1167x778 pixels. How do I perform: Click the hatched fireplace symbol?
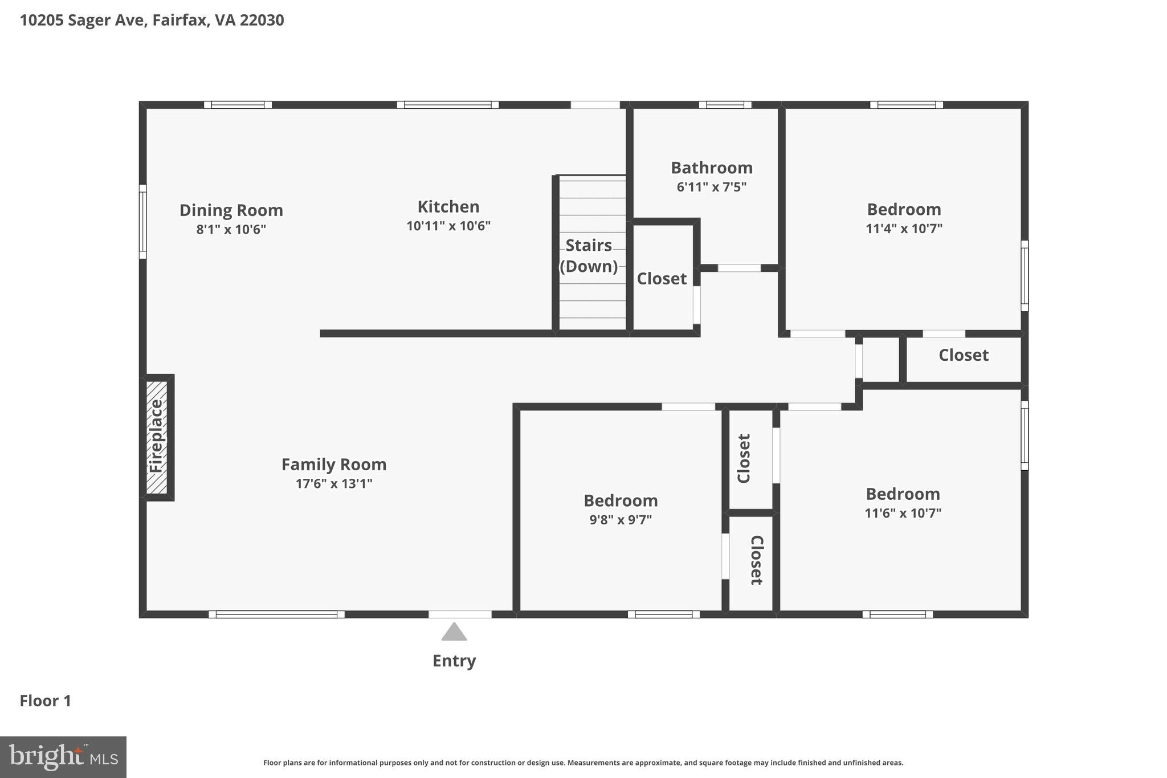pos(157,437)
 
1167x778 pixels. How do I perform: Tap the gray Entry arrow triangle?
pos(454,633)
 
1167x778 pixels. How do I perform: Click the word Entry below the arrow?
pos(454,661)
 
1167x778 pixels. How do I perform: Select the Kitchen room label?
pos(448,206)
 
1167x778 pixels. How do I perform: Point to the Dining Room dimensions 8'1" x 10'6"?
pos(231,230)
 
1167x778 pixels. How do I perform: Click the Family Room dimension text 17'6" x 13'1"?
pos(334,484)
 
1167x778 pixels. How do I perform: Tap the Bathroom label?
pos(712,168)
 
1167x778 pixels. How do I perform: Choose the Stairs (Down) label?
pos(589,255)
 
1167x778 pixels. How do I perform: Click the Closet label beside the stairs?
pos(662,279)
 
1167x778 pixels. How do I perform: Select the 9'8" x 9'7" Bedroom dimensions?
pos(621,520)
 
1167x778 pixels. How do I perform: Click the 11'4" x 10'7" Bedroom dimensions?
pos(904,229)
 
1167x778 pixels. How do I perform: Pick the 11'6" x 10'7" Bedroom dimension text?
pos(903,513)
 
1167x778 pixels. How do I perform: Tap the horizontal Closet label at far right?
pos(964,355)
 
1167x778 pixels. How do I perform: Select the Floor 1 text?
pos(46,700)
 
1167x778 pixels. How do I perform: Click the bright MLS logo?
pos(63,757)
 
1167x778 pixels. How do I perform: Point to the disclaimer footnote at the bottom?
pos(583,763)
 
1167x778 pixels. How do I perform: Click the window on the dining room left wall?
pos(143,221)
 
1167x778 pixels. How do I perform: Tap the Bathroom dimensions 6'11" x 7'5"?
pos(712,187)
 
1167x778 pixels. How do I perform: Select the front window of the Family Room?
pos(276,614)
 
